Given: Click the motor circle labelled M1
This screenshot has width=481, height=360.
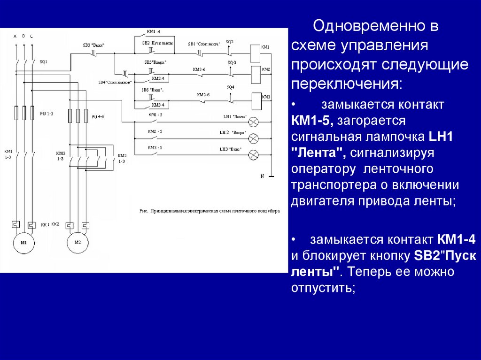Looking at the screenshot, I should (x=22, y=243).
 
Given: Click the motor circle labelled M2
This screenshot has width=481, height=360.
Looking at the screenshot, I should (x=78, y=243).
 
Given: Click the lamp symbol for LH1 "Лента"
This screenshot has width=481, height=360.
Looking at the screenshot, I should (x=254, y=122).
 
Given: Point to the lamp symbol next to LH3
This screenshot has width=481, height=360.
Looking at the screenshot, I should (x=254, y=153).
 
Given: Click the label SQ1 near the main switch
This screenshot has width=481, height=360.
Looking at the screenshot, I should (x=43, y=61).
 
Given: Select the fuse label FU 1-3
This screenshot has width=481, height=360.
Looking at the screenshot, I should (x=47, y=114).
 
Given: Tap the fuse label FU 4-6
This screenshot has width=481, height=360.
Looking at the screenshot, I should (x=98, y=116).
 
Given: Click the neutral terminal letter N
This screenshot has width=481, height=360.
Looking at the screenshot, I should (x=263, y=176).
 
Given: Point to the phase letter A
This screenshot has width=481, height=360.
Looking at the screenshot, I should (x=15, y=36).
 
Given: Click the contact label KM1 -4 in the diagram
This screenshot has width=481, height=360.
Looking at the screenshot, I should (x=153, y=31).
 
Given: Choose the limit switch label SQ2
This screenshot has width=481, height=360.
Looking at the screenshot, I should (x=229, y=41).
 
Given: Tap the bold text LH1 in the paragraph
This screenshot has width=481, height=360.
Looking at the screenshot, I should (x=440, y=137).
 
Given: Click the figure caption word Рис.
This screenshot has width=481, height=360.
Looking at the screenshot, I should (x=144, y=211).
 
